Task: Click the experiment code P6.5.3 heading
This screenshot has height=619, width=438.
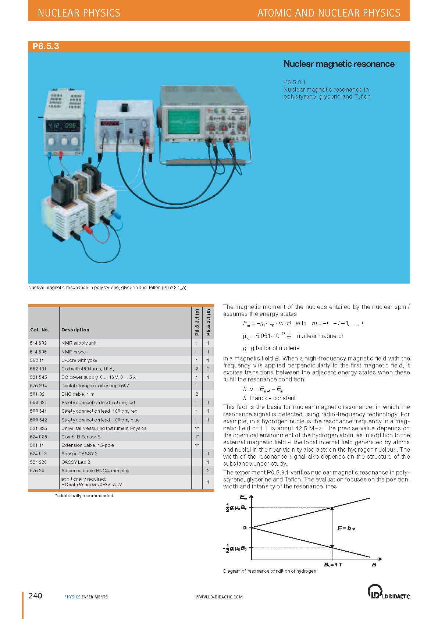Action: point(46,46)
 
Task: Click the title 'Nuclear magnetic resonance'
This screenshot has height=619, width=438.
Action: point(339,64)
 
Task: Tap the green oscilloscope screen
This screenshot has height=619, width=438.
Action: point(184,122)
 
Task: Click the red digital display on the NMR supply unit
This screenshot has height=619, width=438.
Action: point(110,123)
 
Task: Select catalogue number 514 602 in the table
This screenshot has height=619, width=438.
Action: point(38,343)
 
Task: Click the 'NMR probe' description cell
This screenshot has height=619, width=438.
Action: point(74,352)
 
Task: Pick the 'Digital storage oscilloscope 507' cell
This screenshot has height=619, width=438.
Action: point(95,386)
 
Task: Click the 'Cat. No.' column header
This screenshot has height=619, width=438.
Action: point(40,330)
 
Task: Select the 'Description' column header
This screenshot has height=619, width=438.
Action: point(75,330)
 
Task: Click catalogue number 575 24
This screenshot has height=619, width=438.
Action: point(37,471)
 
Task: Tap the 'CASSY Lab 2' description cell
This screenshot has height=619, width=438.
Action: point(75,462)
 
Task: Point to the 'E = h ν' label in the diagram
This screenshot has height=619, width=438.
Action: point(346,529)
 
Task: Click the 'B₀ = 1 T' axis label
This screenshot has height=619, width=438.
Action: point(333,565)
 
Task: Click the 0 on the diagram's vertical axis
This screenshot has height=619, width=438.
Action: point(245,528)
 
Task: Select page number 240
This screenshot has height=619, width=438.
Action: point(35,596)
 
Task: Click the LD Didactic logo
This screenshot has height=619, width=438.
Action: point(388,592)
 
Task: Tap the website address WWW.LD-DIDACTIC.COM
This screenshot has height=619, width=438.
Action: point(219,597)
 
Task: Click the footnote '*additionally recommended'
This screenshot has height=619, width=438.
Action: point(84,496)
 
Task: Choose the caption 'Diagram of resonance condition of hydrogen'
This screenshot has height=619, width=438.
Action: point(270,571)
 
